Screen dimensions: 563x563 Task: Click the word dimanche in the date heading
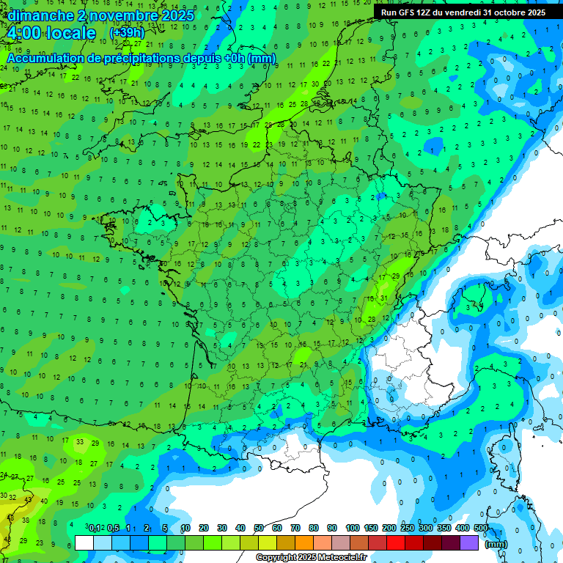(37, 15)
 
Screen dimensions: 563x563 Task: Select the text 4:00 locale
(51, 33)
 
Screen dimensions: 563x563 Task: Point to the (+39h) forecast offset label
(126, 34)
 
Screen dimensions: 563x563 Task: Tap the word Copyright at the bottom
(276, 558)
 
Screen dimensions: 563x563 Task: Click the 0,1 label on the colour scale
(95, 528)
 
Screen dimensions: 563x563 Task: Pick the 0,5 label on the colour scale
(113, 528)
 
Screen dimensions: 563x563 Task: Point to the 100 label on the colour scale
(353, 528)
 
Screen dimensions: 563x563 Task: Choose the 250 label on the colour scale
(408, 528)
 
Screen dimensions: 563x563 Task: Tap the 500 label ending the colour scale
(481, 528)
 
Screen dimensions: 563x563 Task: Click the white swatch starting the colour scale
(84, 542)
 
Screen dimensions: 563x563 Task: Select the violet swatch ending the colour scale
(469, 542)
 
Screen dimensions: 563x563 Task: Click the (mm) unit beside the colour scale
(496, 544)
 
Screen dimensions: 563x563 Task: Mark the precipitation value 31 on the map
(383, 298)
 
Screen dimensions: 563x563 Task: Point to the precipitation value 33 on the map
(80, 442)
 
